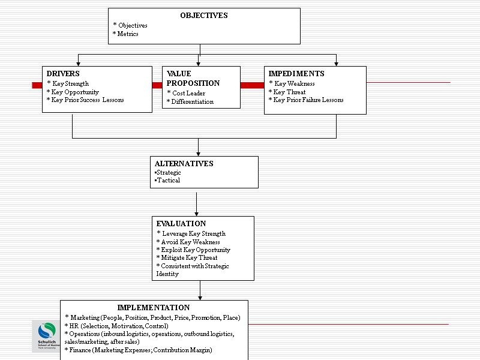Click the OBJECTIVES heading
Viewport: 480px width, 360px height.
pos(204,16)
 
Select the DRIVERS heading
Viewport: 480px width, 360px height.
pos(63,74)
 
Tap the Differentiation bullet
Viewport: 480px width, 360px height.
pos(190,102)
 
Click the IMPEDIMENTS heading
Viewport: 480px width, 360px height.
pos(296,74)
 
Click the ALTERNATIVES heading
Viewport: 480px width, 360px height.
pos(184,164)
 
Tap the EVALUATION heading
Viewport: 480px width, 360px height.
pos(181,224)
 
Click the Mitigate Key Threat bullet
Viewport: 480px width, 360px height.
pos(187,258)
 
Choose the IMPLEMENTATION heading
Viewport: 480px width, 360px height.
pos(154,308)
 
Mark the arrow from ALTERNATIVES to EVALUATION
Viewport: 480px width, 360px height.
pos(196,204)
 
